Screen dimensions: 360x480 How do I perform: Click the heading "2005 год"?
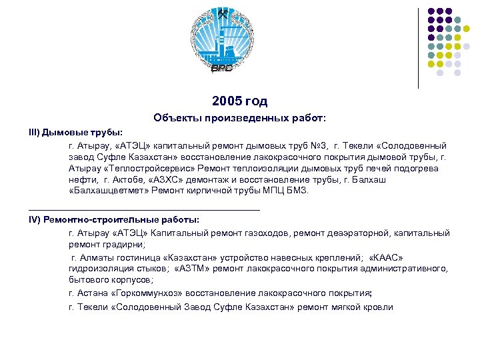click(x=239, y=101)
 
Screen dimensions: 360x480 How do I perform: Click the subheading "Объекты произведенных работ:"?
click(x=239, y=118)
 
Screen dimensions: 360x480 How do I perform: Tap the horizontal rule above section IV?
click(x=144, y=209)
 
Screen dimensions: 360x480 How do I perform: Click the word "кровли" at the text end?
click(x=379, y=307)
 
